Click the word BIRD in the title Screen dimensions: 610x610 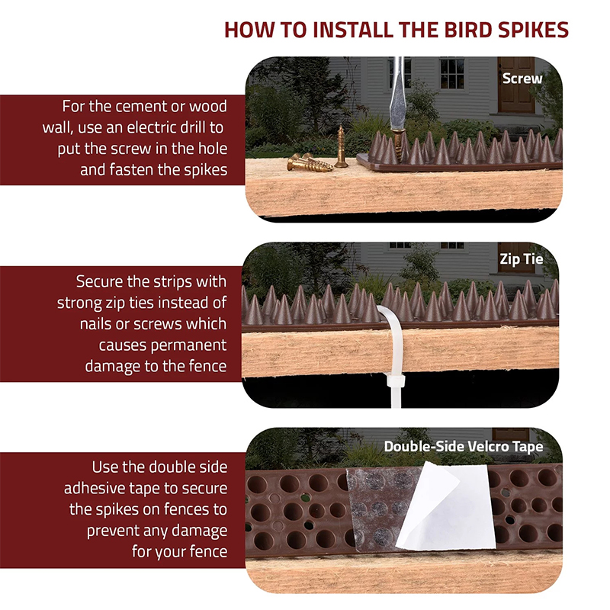coord(468,30)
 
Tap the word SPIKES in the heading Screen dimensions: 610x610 coord(533,30)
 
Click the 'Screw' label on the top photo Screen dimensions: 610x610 coord(522,79)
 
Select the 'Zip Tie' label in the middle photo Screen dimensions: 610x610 coord(522,259)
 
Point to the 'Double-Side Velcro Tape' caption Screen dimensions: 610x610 coord(464,447)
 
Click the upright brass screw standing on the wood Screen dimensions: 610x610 coord(341,146)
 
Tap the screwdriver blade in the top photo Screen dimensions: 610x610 coord(397,93)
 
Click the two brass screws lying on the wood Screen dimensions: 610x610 coord(310,162)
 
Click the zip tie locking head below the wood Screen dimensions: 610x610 coord(396,380)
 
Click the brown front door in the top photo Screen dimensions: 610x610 coord(516,85)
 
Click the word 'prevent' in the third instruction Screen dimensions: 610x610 coord(113,531)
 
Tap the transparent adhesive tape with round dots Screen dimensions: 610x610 coord(379,508)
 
